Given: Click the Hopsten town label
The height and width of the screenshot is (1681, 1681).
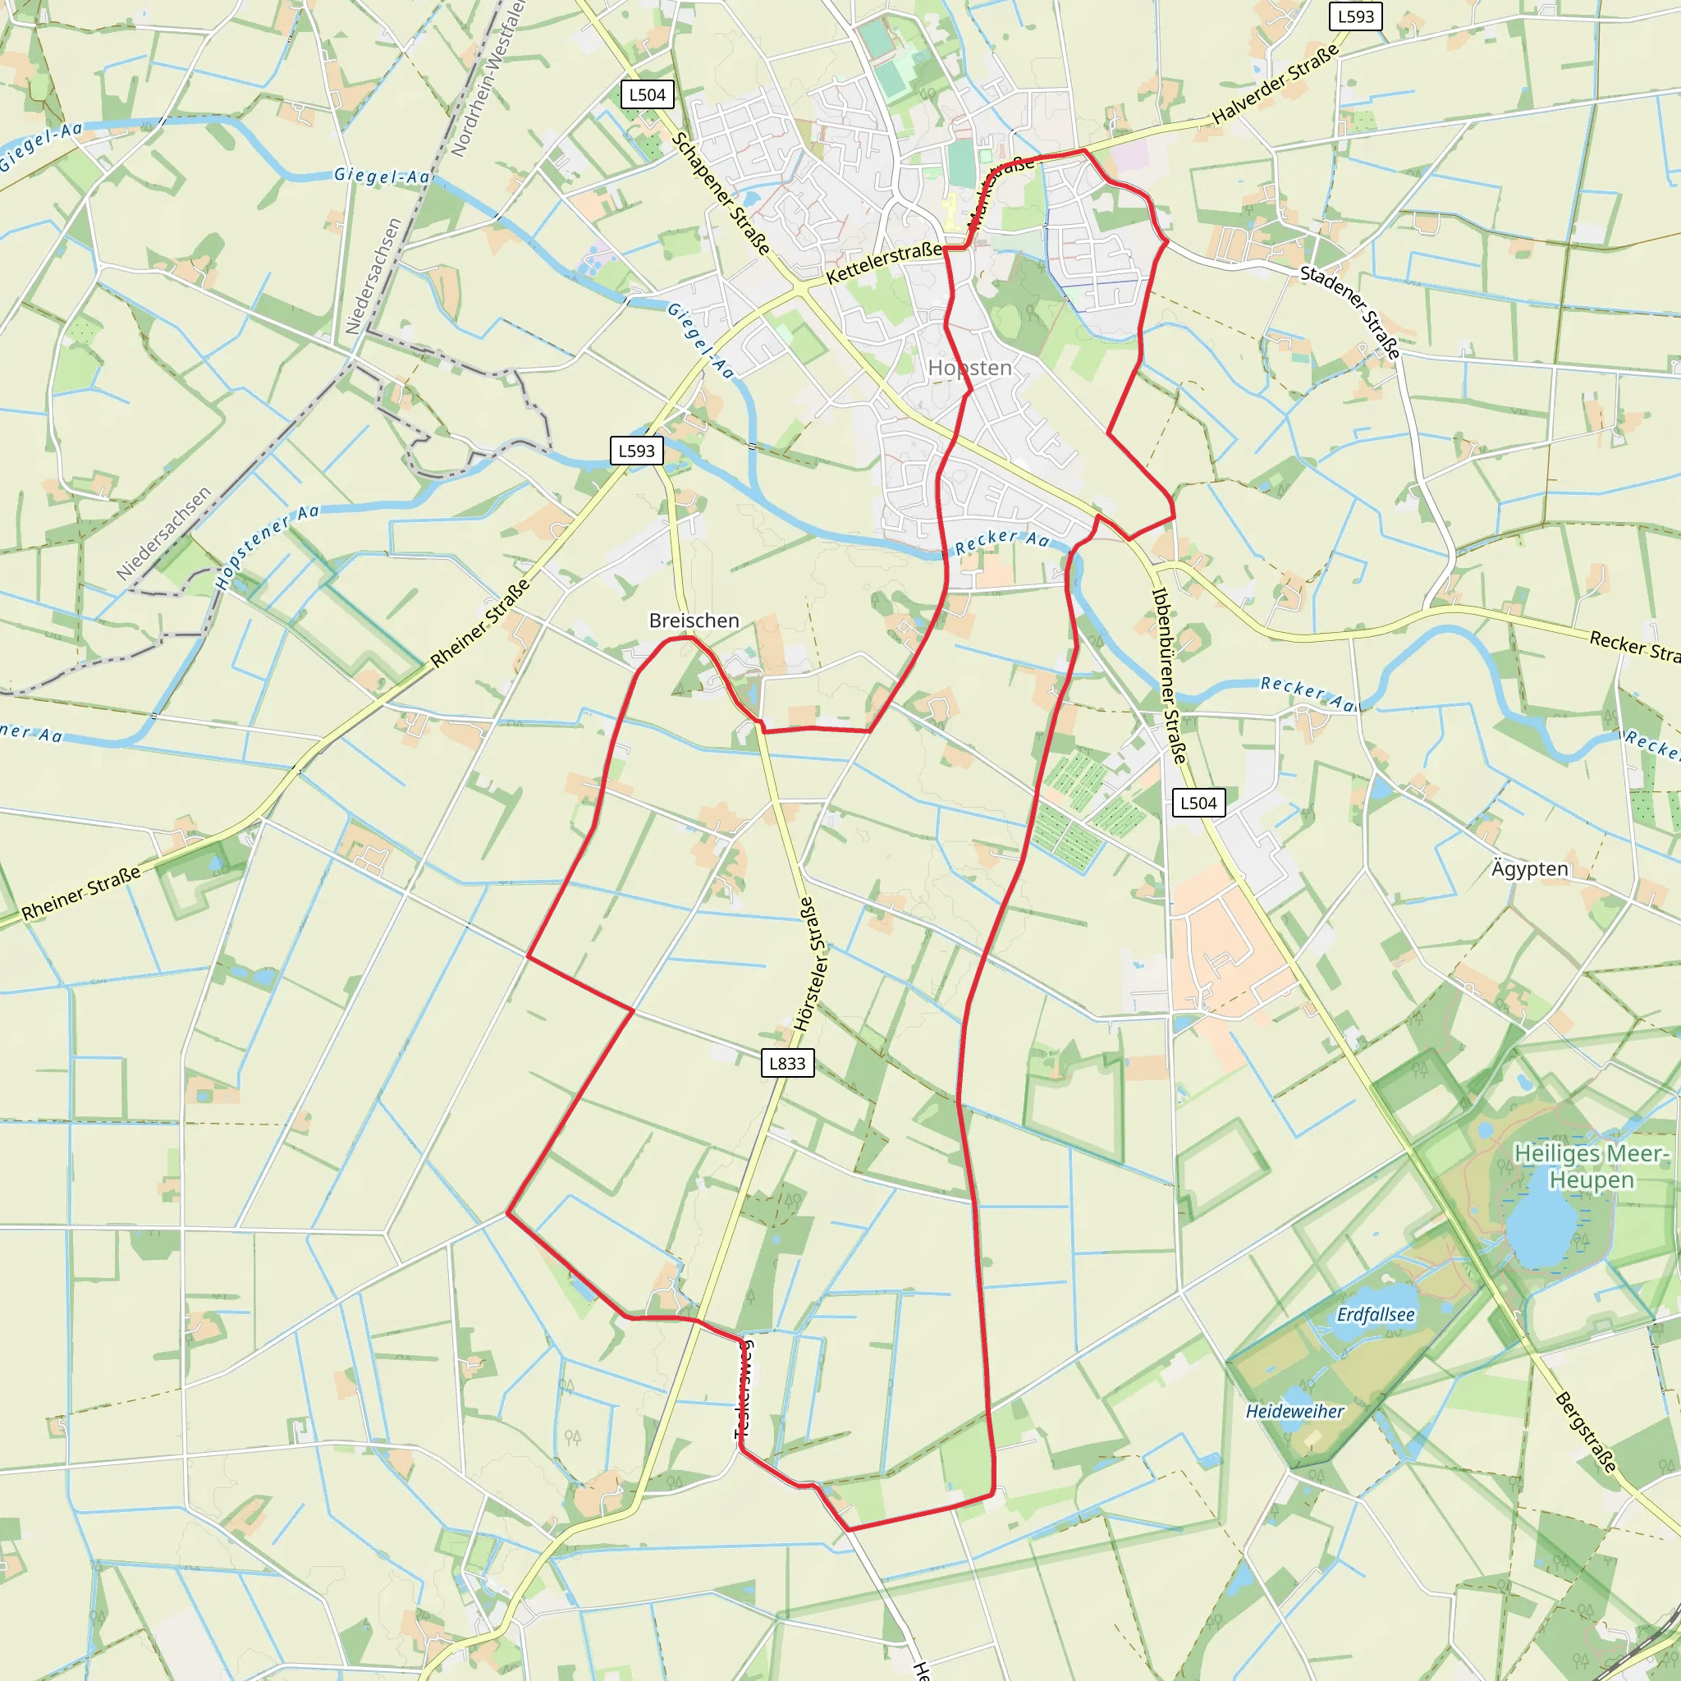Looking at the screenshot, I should [x=969, y=368].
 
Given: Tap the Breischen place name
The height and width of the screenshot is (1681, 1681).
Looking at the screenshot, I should [x=694, y=621].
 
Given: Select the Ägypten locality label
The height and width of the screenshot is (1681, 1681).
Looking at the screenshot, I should [x=1530, y=868].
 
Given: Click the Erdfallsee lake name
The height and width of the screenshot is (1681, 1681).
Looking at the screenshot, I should [x=1376, y=1314].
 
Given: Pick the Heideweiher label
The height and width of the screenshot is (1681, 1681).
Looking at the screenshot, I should [x=1294, y=1411].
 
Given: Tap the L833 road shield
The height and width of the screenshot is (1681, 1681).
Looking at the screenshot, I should [x=787, y=1062].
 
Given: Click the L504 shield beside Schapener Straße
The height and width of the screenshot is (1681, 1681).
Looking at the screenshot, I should [x=648, y=95].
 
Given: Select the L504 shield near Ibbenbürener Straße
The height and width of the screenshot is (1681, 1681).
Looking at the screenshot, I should [x=1198, y=803].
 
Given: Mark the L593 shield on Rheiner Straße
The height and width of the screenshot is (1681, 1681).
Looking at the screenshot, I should [x=636, y=451].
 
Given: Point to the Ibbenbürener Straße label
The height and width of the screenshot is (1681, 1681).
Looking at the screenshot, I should [x=1169, y=676].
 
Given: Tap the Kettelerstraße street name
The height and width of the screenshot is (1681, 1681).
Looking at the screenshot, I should [x=883, y=263].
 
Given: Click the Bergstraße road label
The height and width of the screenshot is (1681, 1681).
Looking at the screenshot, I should [x=1586, y=1432].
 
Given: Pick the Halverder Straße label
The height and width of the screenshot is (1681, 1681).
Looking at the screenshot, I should [x=1275, y=85].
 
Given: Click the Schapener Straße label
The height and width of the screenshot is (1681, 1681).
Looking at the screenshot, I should [x=721, y=193].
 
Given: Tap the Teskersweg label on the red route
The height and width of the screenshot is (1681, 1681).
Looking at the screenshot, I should [x=744, y=1389].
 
